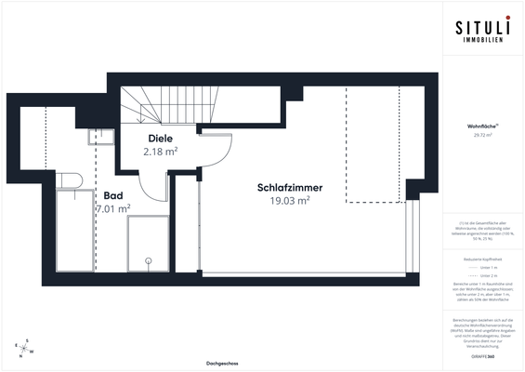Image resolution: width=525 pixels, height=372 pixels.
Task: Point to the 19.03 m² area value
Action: [289, 200]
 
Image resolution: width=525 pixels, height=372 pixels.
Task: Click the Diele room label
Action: [161, 139]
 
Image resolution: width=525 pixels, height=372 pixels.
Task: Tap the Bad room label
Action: [113, 196]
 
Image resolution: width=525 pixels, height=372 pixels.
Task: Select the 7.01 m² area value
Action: [112, 209]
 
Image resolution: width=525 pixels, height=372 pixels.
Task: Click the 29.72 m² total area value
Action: [483, 135]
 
